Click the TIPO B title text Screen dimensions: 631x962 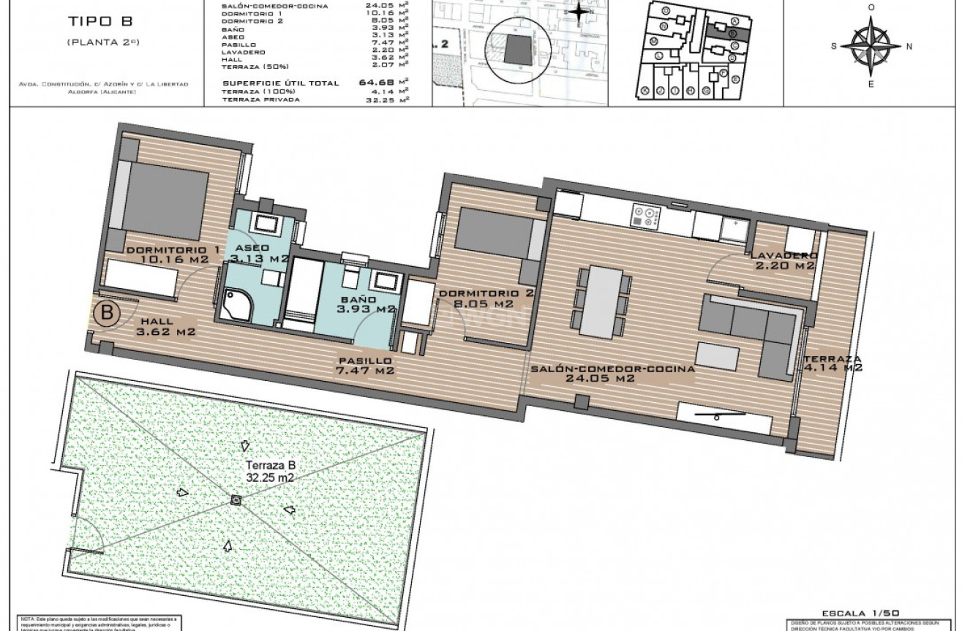[102, 23]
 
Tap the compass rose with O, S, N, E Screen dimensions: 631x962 [871, 46]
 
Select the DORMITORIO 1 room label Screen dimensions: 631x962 [172, 250]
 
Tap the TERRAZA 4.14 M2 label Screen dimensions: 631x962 [833, 363]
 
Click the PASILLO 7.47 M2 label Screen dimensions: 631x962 [365, 366]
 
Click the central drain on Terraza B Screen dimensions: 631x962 [236, 500]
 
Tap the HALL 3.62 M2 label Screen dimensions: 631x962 [166, 326]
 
